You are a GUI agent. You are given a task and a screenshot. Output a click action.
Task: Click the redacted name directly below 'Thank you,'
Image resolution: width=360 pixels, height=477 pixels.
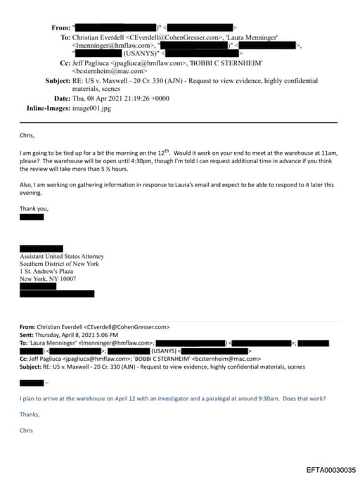tap(32, 217)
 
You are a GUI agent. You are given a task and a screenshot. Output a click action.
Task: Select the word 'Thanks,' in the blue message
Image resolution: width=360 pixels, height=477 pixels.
tap(30, 414)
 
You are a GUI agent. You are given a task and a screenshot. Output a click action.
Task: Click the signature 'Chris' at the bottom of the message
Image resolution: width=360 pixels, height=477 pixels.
tap(27, 430)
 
